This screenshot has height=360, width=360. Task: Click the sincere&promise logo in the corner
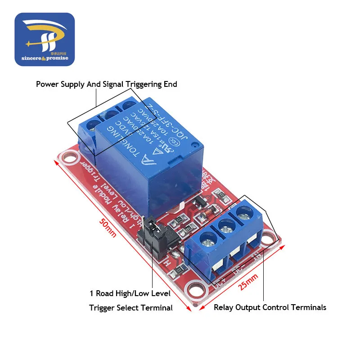click(x=45, y=39)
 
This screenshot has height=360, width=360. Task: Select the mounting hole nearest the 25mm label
click(x=195, y=287)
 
